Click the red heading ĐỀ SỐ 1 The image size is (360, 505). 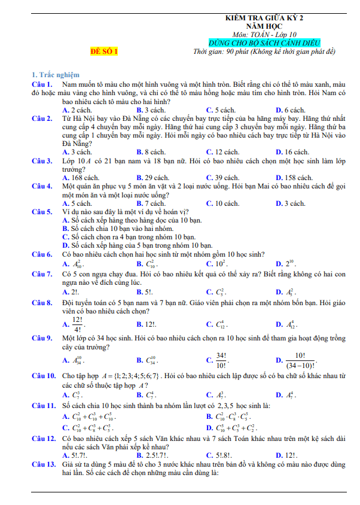[x=103, y=51]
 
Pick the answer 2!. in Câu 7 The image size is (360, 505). [x=74, y=292]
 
